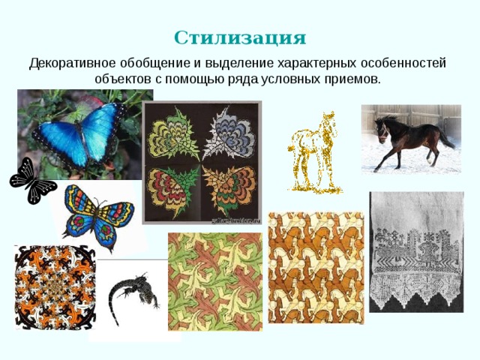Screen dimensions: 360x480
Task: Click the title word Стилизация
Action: pos(240,37)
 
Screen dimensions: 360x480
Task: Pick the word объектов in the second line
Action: pos(121,79)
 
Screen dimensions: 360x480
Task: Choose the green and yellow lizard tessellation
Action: pos(214,280)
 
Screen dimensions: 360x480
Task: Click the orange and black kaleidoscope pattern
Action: pos(55,286)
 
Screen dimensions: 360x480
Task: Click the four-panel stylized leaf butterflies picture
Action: pos(202,161)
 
